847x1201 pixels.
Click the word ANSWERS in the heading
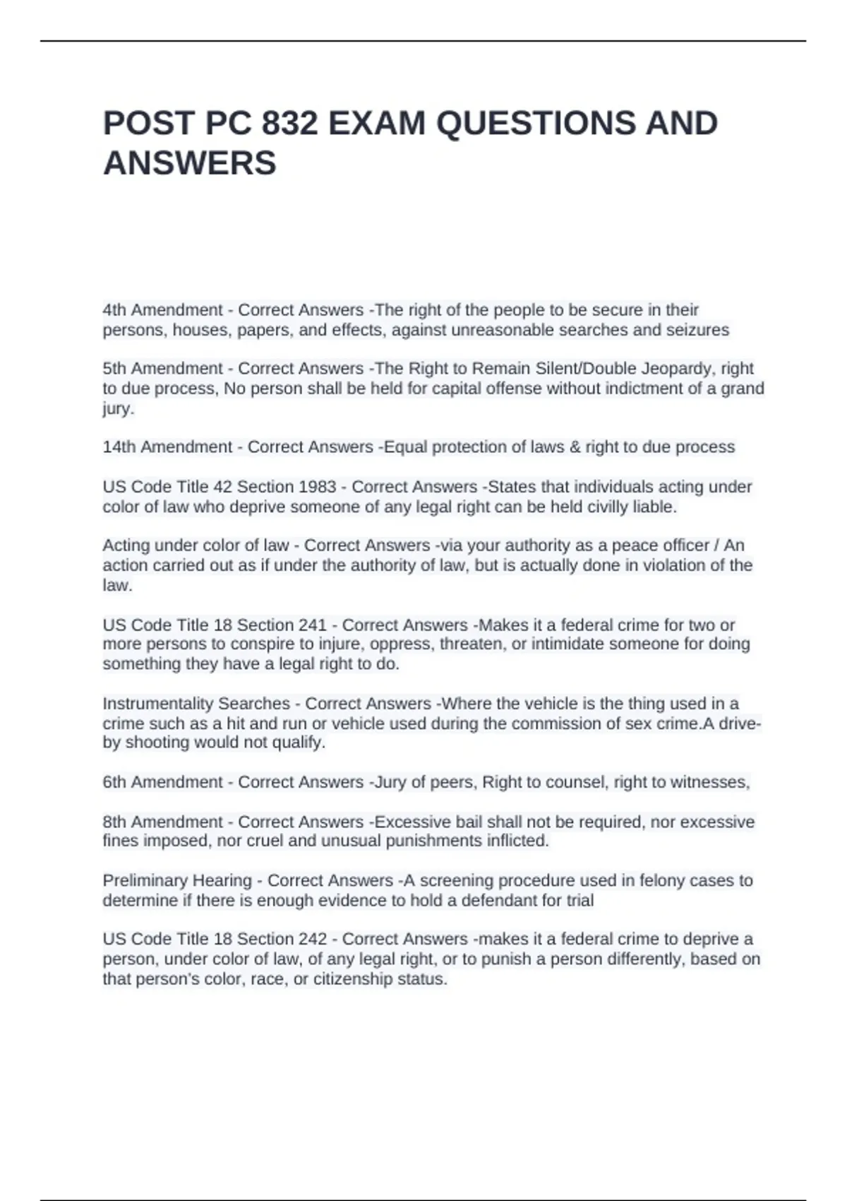tap(190, 163)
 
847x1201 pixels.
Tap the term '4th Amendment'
tap(163, 310)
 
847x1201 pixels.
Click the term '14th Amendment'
tap(167, 447)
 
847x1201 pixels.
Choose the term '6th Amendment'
tap(163, 782)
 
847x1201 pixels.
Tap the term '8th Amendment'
tap(163, 822)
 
